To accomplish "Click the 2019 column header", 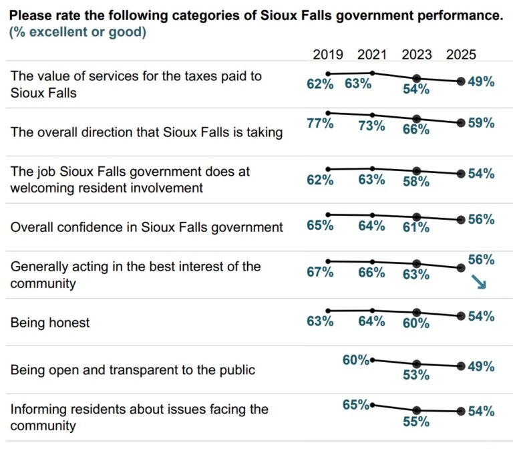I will click(x=328, y=55).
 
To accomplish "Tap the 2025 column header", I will click(x=461, y=55).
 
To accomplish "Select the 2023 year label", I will click(x=416, y=55).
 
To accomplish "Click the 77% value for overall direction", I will click(x=320, y=124).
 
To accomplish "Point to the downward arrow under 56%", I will click(x=478, y=283).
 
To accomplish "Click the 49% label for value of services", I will click(x=481, y=82).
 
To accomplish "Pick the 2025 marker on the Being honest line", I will click(x=461, y=315).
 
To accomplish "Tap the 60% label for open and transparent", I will click(x=356, y=360).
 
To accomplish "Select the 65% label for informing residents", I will click(x=356, y=404).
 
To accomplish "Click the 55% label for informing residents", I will click(x=416, y=422).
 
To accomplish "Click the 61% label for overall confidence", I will click(x=416, y=228).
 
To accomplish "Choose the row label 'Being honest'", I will click(x=50, y=323).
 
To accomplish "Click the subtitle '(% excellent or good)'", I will click(x=78, y=31).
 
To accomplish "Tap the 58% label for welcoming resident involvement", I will click(x=416, y=182).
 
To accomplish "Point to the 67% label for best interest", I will click(x=320, y=273).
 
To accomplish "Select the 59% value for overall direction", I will click(x=481, y=123).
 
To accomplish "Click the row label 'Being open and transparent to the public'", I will click(x=133, y=369).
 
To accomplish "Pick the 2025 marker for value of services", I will click(x=461, y=82).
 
